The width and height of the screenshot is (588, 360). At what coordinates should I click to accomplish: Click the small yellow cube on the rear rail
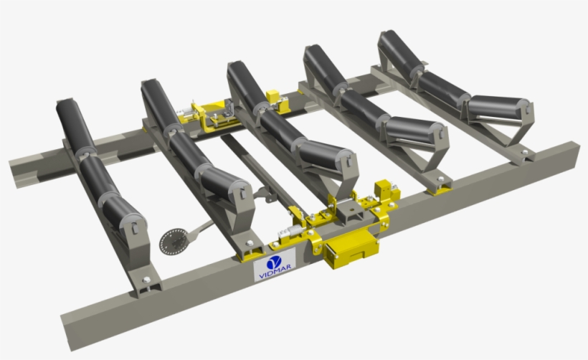coord(272,96)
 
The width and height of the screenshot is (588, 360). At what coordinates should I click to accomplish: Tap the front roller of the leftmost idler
coord(125,215)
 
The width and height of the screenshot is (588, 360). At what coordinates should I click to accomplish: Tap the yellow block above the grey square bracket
coord(384,189)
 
